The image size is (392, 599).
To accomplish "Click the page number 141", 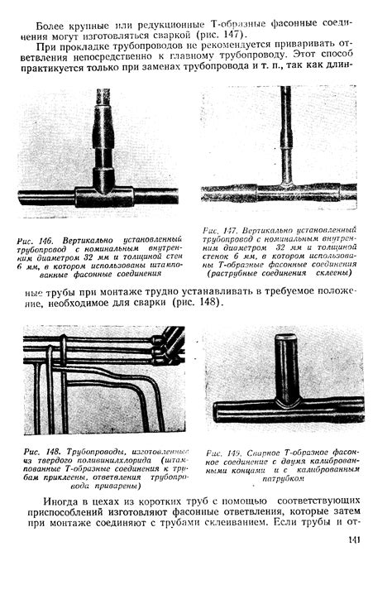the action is click(353, 542).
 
